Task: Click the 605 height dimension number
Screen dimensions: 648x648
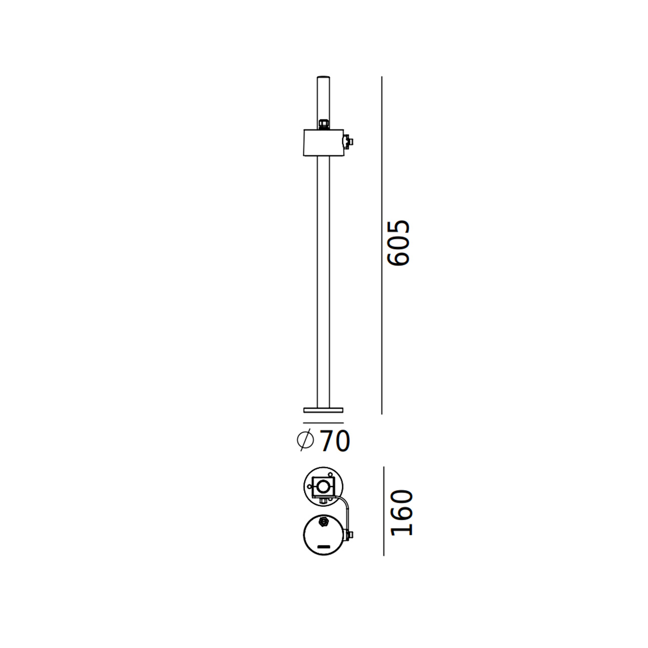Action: click(398, 243)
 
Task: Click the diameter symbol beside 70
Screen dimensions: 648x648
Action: click(306, 440)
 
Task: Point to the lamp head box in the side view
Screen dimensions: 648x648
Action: click(323, 143)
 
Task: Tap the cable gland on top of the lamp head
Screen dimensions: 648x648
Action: click(323, 124)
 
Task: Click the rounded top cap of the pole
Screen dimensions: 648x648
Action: click(323, 77)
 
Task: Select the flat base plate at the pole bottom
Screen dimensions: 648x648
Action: click(323, 410)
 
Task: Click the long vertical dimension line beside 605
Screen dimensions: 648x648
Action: click(382, 245)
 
